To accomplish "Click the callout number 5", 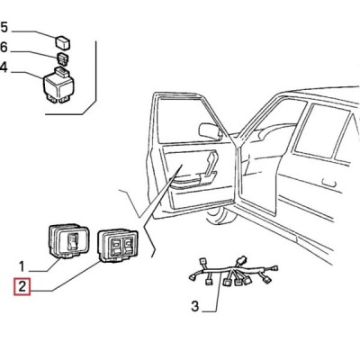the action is tap(4, 27).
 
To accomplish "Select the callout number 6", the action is tap(4, 48).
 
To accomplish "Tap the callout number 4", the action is tap(4, 67).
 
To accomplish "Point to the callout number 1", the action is tap(22, 266).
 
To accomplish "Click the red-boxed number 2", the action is tap(22, 286).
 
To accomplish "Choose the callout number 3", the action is tap(195, 306).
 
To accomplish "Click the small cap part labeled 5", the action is tap(63, 42).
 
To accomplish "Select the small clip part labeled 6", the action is tap(62, 58).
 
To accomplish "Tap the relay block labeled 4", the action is tap(59, 85).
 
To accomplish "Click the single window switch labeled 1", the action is tap(68, 241).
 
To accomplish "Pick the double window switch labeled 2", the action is tap(118, 246).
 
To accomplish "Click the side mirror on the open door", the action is tap(210, 130).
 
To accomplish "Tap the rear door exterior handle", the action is tap(328, 183).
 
